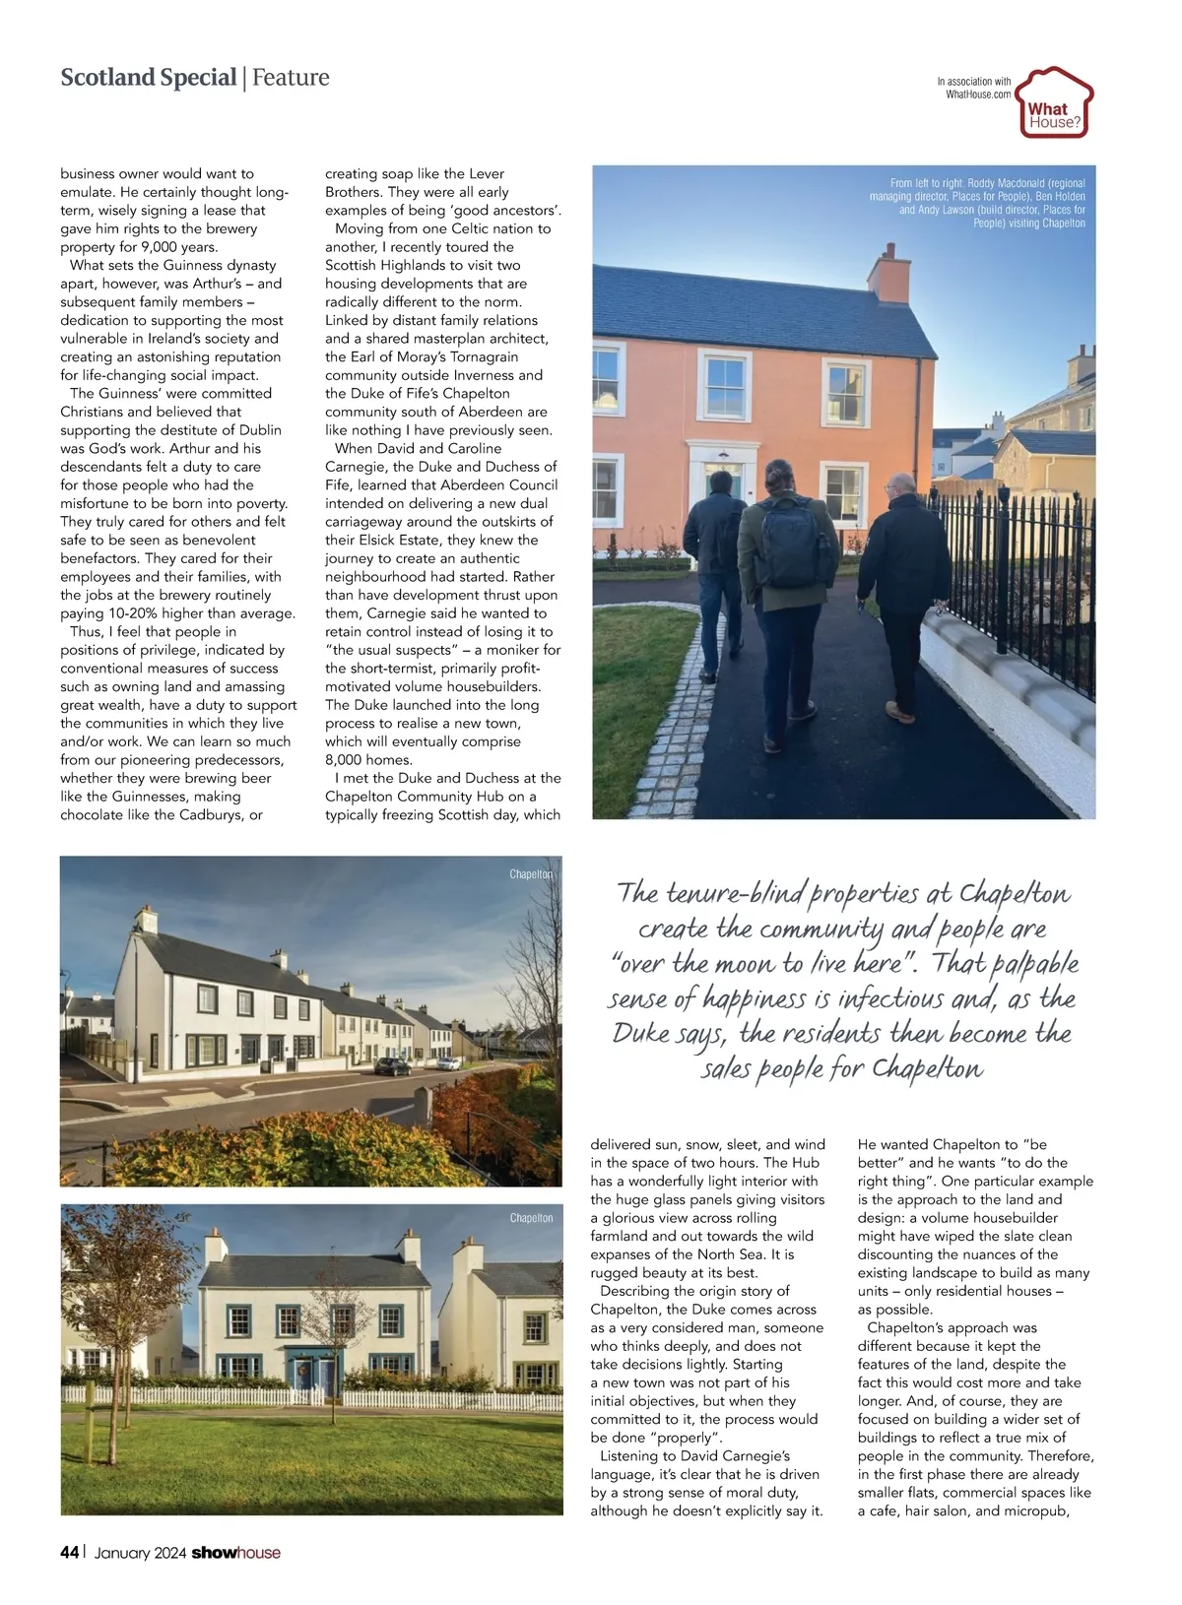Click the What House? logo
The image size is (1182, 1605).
click(x=1053, y=103)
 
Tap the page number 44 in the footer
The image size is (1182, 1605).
click(x=69, y=1553)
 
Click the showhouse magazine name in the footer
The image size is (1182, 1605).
click(x=235, y=1553)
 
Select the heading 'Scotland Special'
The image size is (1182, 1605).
click(x=148, y=78)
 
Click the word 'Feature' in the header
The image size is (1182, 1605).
click(x=291, y=78)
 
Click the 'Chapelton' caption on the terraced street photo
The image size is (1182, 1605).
click(x=531, y=874)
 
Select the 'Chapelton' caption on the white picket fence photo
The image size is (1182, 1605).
click(x=531, y=1218)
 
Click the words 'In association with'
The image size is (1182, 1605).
click(x=973, y=82)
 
